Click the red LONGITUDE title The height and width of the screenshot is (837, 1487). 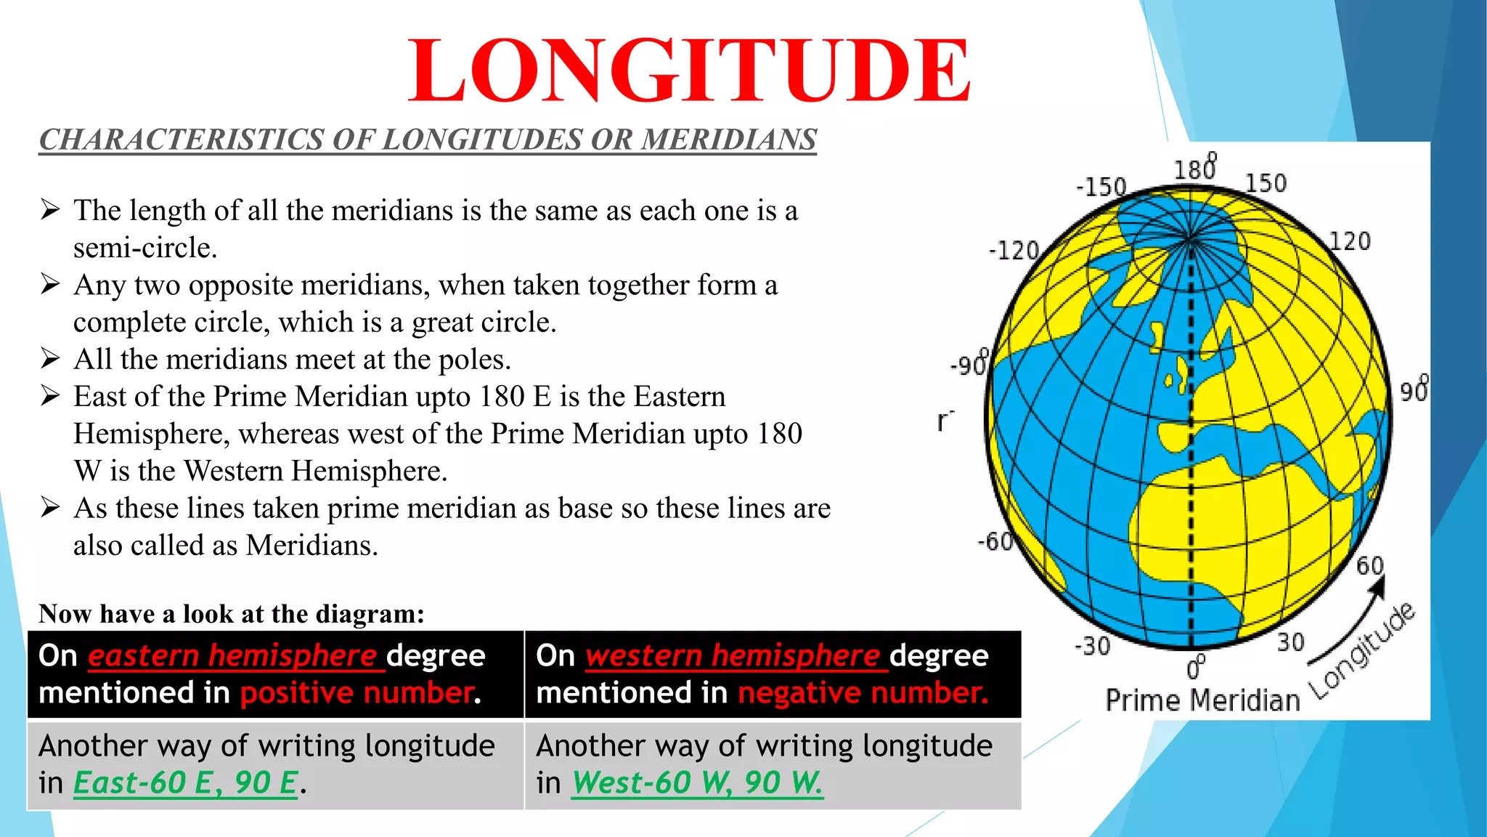(x=688, y=71)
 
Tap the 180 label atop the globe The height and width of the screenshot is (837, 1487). (x=1195, y=169)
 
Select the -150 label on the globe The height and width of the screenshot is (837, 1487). (x=1101, y=187)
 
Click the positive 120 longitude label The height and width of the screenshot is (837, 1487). (x=1350, y=241)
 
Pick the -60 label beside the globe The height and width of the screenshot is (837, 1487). (x=995, y=541)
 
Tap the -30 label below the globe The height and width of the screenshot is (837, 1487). (x=1093, y=645)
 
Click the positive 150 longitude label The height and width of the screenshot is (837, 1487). (x=1266, y=183)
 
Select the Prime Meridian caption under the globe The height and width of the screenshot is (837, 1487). (x=1202, y=700)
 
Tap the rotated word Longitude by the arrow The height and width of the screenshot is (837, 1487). (x=1362, y=651)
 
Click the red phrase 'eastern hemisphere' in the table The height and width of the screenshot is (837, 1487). (x=232, y=655)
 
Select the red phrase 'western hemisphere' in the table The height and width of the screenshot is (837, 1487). (x=733, y=655)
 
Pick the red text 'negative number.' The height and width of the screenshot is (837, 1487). (x=863, y=692)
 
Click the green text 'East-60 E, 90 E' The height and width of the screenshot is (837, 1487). (x=185, y=783)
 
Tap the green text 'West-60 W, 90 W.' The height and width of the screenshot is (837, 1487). (x=697, y=783)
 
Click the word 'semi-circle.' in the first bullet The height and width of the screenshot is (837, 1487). (x=145, y=248)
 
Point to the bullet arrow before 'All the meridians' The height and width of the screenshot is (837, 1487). (x=50, y=359)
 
